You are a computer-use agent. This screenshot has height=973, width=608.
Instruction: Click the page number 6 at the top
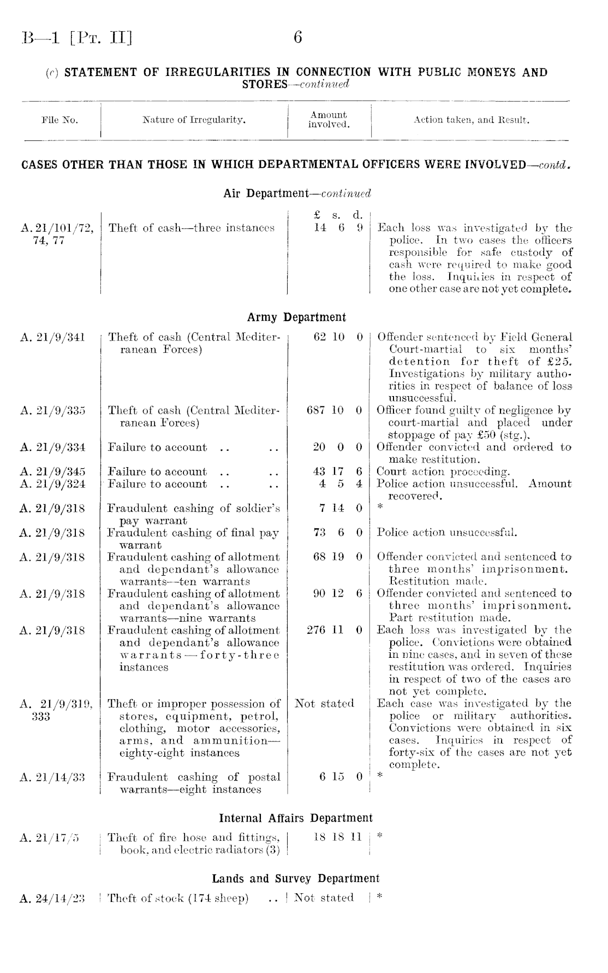298,38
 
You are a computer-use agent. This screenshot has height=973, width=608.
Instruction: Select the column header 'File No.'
59,120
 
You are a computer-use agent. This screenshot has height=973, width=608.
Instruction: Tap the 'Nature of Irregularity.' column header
194,120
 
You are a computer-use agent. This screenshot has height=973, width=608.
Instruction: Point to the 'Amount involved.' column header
329,120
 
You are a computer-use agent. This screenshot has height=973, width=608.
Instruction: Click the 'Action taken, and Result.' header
471,120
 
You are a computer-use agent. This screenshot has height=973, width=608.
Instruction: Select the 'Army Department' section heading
296,317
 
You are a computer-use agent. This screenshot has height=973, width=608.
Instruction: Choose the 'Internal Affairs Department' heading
296,818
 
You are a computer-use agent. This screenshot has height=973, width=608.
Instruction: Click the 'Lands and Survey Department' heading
295,878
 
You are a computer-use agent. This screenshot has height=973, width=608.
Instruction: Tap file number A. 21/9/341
52,338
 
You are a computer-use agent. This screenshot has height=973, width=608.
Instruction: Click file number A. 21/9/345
52,471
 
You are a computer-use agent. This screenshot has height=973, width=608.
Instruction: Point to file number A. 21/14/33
52,777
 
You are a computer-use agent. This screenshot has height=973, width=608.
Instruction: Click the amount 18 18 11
338,838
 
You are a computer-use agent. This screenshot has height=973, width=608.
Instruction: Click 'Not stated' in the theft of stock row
324,898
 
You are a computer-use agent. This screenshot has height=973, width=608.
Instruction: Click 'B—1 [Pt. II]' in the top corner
77,38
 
